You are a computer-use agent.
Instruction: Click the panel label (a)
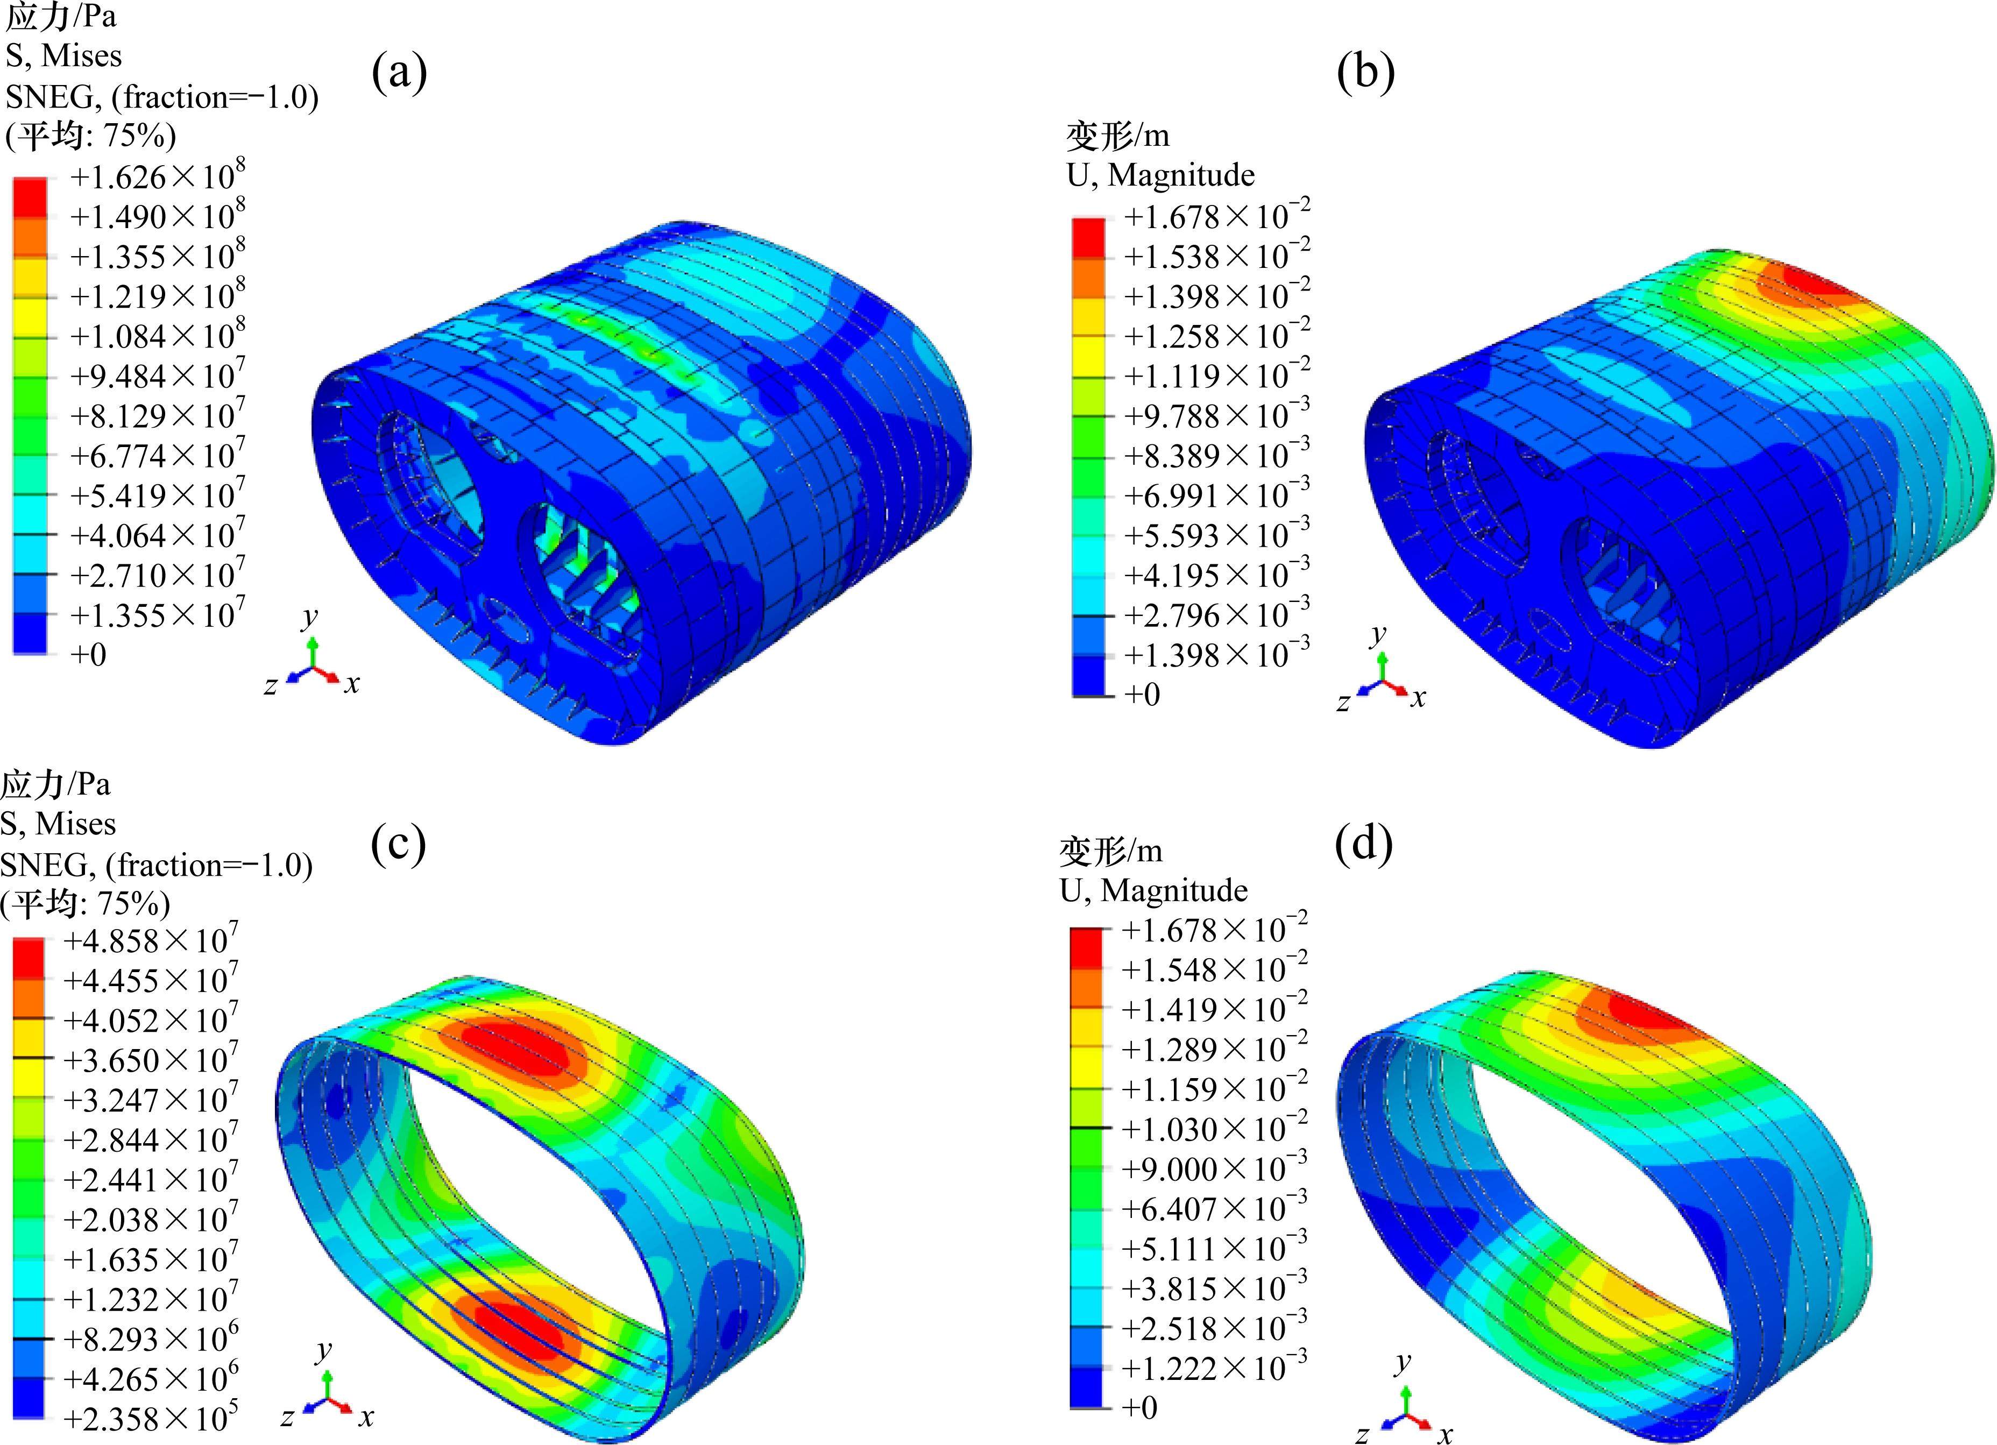click(x=399, y=72)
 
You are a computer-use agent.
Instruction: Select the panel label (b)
click(x=1365, y=72)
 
